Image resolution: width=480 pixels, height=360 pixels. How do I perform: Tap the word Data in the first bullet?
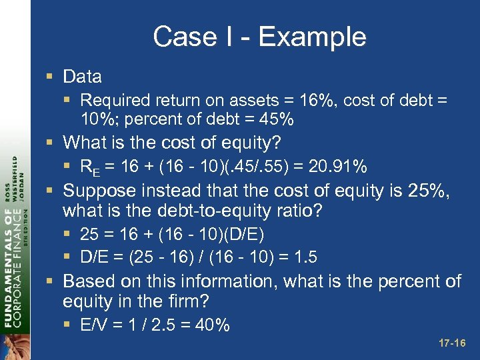coord(82,77)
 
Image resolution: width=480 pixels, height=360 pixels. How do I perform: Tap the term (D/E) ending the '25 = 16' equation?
coord(245,235)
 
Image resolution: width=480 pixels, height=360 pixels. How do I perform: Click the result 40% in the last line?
coord(213,325)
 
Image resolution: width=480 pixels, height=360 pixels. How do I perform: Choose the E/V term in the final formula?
coord(92,325)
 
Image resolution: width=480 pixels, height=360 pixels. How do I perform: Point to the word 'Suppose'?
coord(97,192)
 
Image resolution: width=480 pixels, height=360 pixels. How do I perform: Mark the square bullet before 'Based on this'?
coord(51,282)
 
